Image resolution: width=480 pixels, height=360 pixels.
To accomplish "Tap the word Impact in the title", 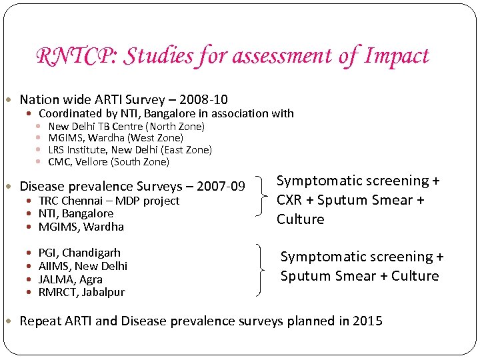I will click(397, 56).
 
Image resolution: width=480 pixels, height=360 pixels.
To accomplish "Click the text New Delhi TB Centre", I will click(96, 126).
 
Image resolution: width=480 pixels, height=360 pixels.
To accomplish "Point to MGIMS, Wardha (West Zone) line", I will click(115, 138).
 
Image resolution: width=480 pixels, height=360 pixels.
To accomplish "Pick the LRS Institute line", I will click(130, 150).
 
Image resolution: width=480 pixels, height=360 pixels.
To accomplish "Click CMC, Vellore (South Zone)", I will click(109, 162).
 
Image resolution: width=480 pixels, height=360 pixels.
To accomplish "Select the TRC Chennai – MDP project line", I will click(109, 201).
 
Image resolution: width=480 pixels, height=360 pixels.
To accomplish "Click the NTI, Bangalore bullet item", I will click(76, 213).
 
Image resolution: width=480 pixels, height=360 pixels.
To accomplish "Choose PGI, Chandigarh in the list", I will click(79, 253).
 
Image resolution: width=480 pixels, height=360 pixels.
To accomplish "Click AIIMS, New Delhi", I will click(83, 266).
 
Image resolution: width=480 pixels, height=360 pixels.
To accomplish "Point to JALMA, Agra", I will click(71, 279).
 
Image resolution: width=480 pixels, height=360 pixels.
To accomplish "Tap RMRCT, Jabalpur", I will click(81, 292).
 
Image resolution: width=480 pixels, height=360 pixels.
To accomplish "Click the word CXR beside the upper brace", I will click(291, 200).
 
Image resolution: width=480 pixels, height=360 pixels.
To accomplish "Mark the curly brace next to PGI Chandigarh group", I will click(261, 270).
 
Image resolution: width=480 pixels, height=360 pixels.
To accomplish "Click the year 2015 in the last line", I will click(367, 321).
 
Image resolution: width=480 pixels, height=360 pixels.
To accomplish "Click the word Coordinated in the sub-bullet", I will click(71, 114).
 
